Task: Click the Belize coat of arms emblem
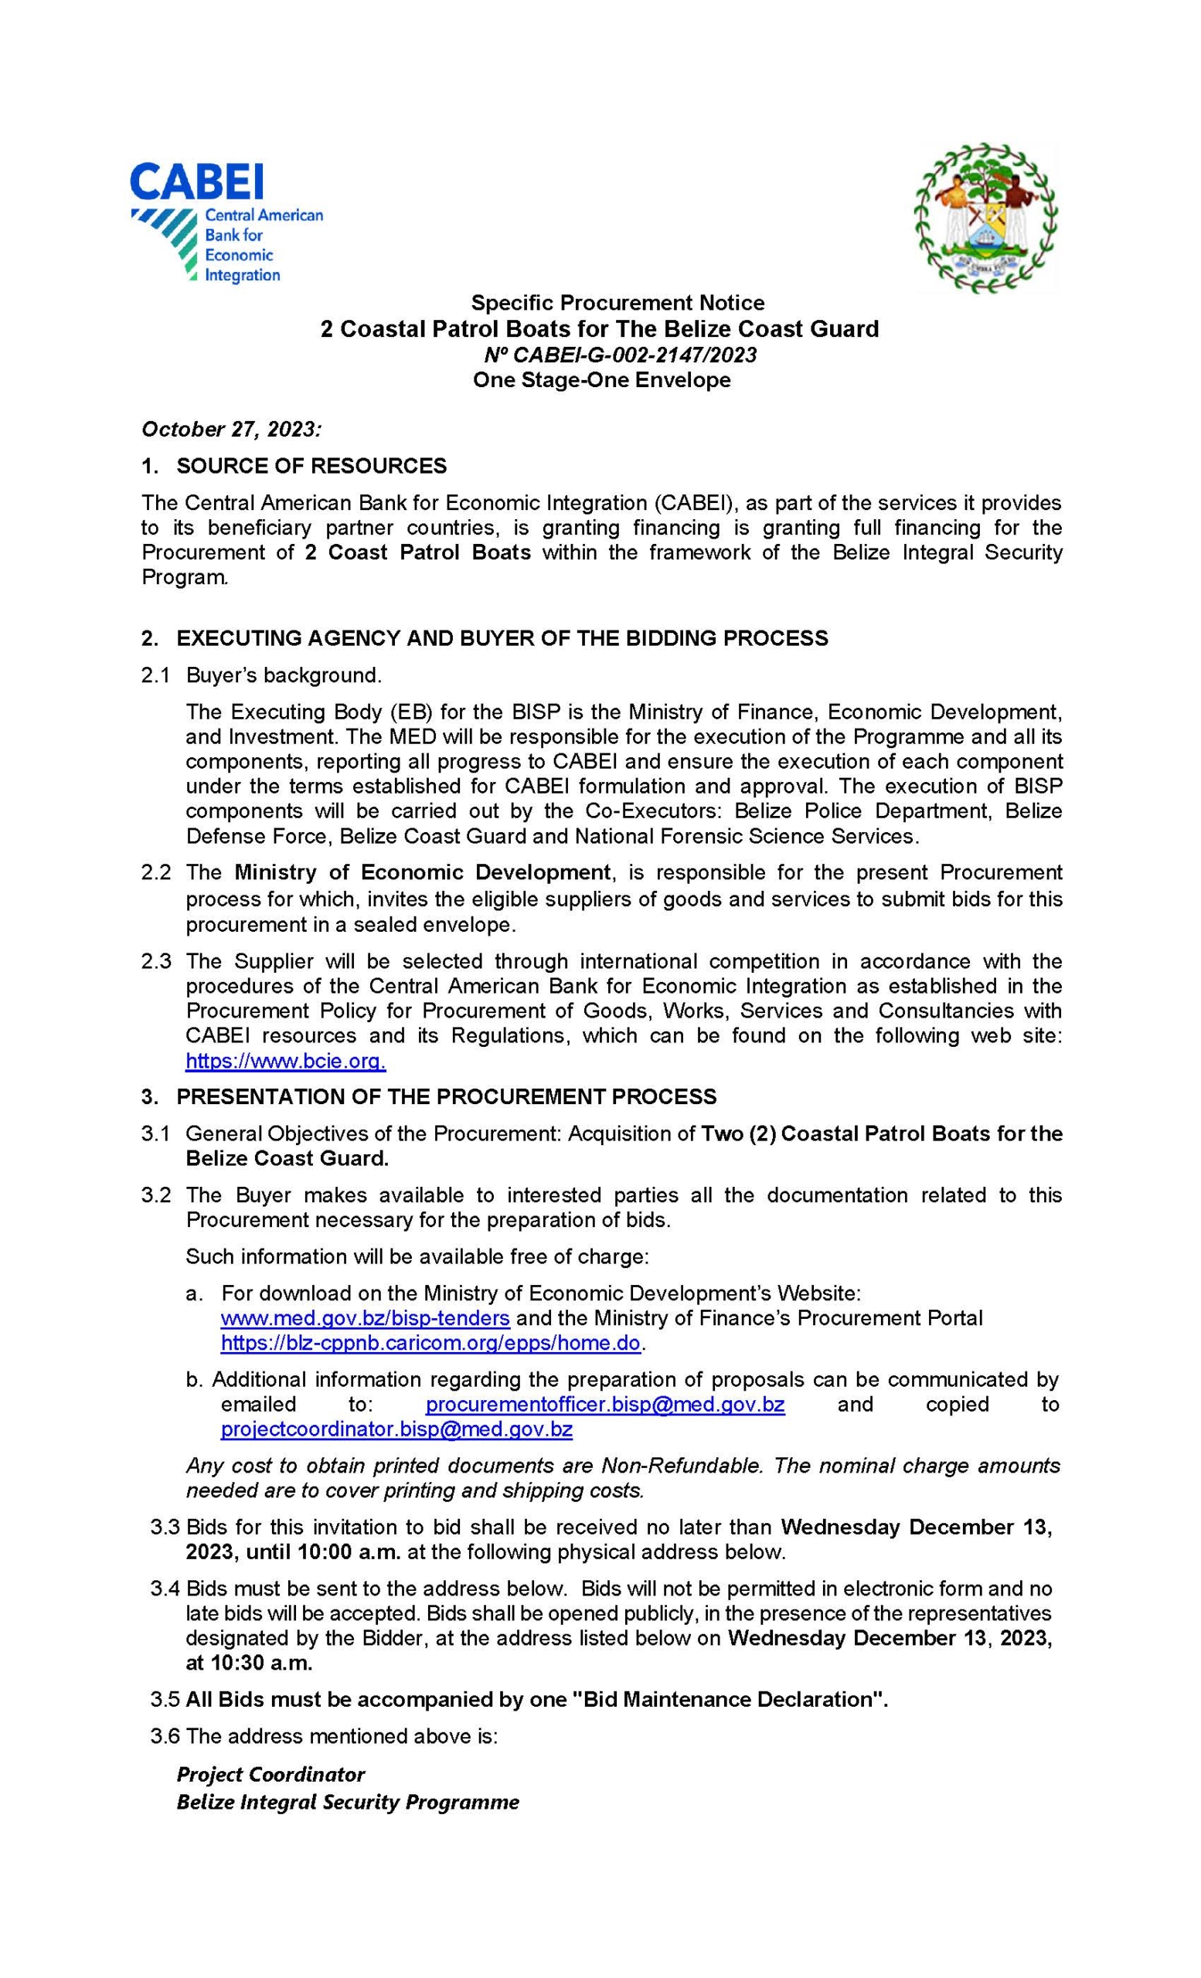click(x=985, y=218)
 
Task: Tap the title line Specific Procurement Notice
click(x=617, y=303)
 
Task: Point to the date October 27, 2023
click(x=230, y=429)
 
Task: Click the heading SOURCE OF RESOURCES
click(x=311, y=466)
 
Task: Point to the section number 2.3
click(x=156, y=961)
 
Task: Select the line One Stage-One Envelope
click(x=601, y=379)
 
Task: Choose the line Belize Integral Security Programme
click(x=348, y=1802)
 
